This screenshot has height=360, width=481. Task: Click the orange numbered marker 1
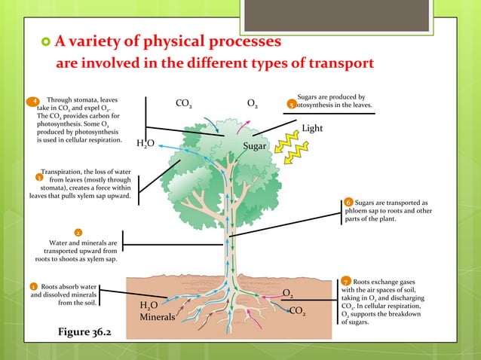point(33,287)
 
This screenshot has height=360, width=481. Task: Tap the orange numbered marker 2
point(78,232)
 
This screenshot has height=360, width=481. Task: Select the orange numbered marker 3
point(38,178)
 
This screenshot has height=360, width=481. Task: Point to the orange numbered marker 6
point(348,203)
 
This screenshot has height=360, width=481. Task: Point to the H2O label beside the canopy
point(146,143)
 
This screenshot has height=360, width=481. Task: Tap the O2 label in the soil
point(288,293)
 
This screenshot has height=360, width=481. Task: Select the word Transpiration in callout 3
point(69,172)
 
